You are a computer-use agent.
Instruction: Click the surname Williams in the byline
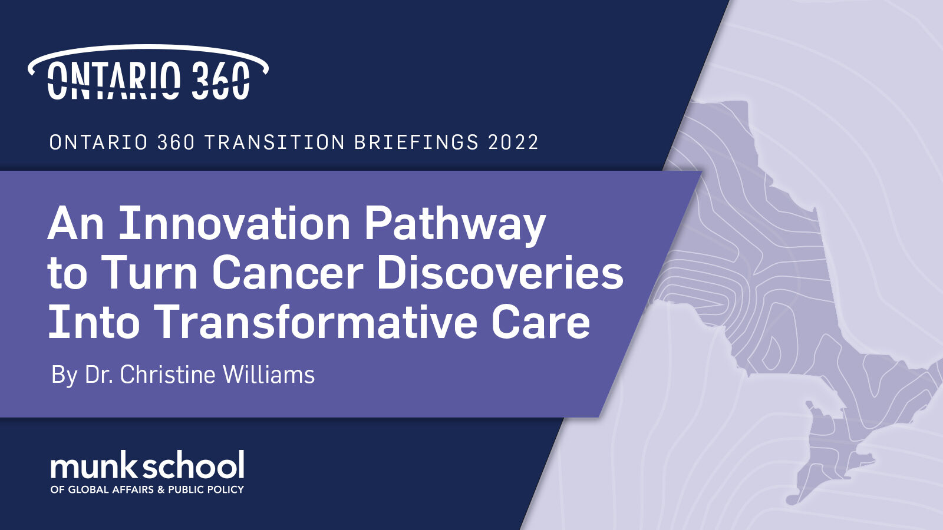point(269,374)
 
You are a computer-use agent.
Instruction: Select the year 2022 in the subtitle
point(513,142)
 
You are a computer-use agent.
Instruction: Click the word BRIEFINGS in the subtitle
point(416,142)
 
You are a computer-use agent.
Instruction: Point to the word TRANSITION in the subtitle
point(275,142)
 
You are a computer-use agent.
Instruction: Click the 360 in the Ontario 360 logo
point(222,80)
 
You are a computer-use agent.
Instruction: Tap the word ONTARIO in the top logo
point(114,80)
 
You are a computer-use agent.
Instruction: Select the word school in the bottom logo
point(193,465)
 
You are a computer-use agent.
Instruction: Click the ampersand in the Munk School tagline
point(160,489)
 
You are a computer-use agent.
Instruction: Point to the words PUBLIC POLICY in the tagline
point(206,489)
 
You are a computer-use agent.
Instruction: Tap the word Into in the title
point(94,322)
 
